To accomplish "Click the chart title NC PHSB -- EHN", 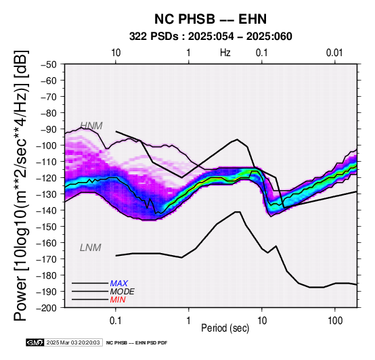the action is [x=211, y=19].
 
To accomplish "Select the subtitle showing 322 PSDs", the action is [x=211, y=37].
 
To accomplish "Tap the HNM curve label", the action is [x=91, y=126].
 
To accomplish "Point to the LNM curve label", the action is [x=91, y=248].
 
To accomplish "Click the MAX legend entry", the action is [x=119, y=284].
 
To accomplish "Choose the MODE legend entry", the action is [x=123, y=292].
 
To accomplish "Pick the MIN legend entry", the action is [x=118, y=300].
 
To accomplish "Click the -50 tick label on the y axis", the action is [x=49, y=64].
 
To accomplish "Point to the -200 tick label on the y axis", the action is [x=47, y=308].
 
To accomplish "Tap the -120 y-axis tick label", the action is [x=47, y=178].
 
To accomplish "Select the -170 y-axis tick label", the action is [x=47, y=259].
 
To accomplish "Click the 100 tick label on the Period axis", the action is [x=335, y=321].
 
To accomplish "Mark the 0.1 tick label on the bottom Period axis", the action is [x=116, y=321].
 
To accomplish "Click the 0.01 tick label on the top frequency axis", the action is [x=334, y=53].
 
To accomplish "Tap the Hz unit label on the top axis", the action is [x=225, y=53].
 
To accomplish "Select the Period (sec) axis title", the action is [x=225, y=328].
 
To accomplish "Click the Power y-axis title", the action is [x=21, y=185].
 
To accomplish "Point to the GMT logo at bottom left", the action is [x=35, y=342].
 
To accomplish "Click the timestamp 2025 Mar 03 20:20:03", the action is [x=73, y=342].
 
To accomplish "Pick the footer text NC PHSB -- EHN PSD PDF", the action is [x=137, y=343].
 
